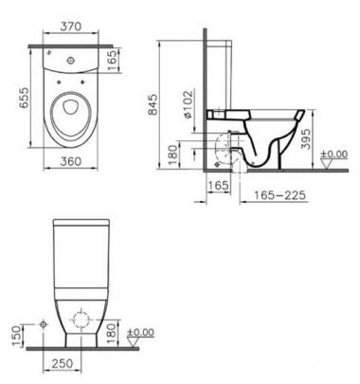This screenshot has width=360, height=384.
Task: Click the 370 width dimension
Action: tap(71, 27)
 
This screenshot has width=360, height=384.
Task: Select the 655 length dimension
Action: tap(24, 98)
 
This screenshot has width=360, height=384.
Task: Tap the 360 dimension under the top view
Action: tap(71, 161)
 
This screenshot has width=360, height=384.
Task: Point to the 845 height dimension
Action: tap(153, 104)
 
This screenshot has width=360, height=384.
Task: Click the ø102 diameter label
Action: tap(188, 105)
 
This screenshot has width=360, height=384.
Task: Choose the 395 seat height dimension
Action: tap(306, 138)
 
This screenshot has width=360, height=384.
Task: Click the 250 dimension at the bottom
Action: tap(63, 363)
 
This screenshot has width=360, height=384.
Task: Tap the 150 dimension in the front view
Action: tap(17, 336)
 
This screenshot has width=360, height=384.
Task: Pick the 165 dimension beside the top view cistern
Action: tap(112, 60)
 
